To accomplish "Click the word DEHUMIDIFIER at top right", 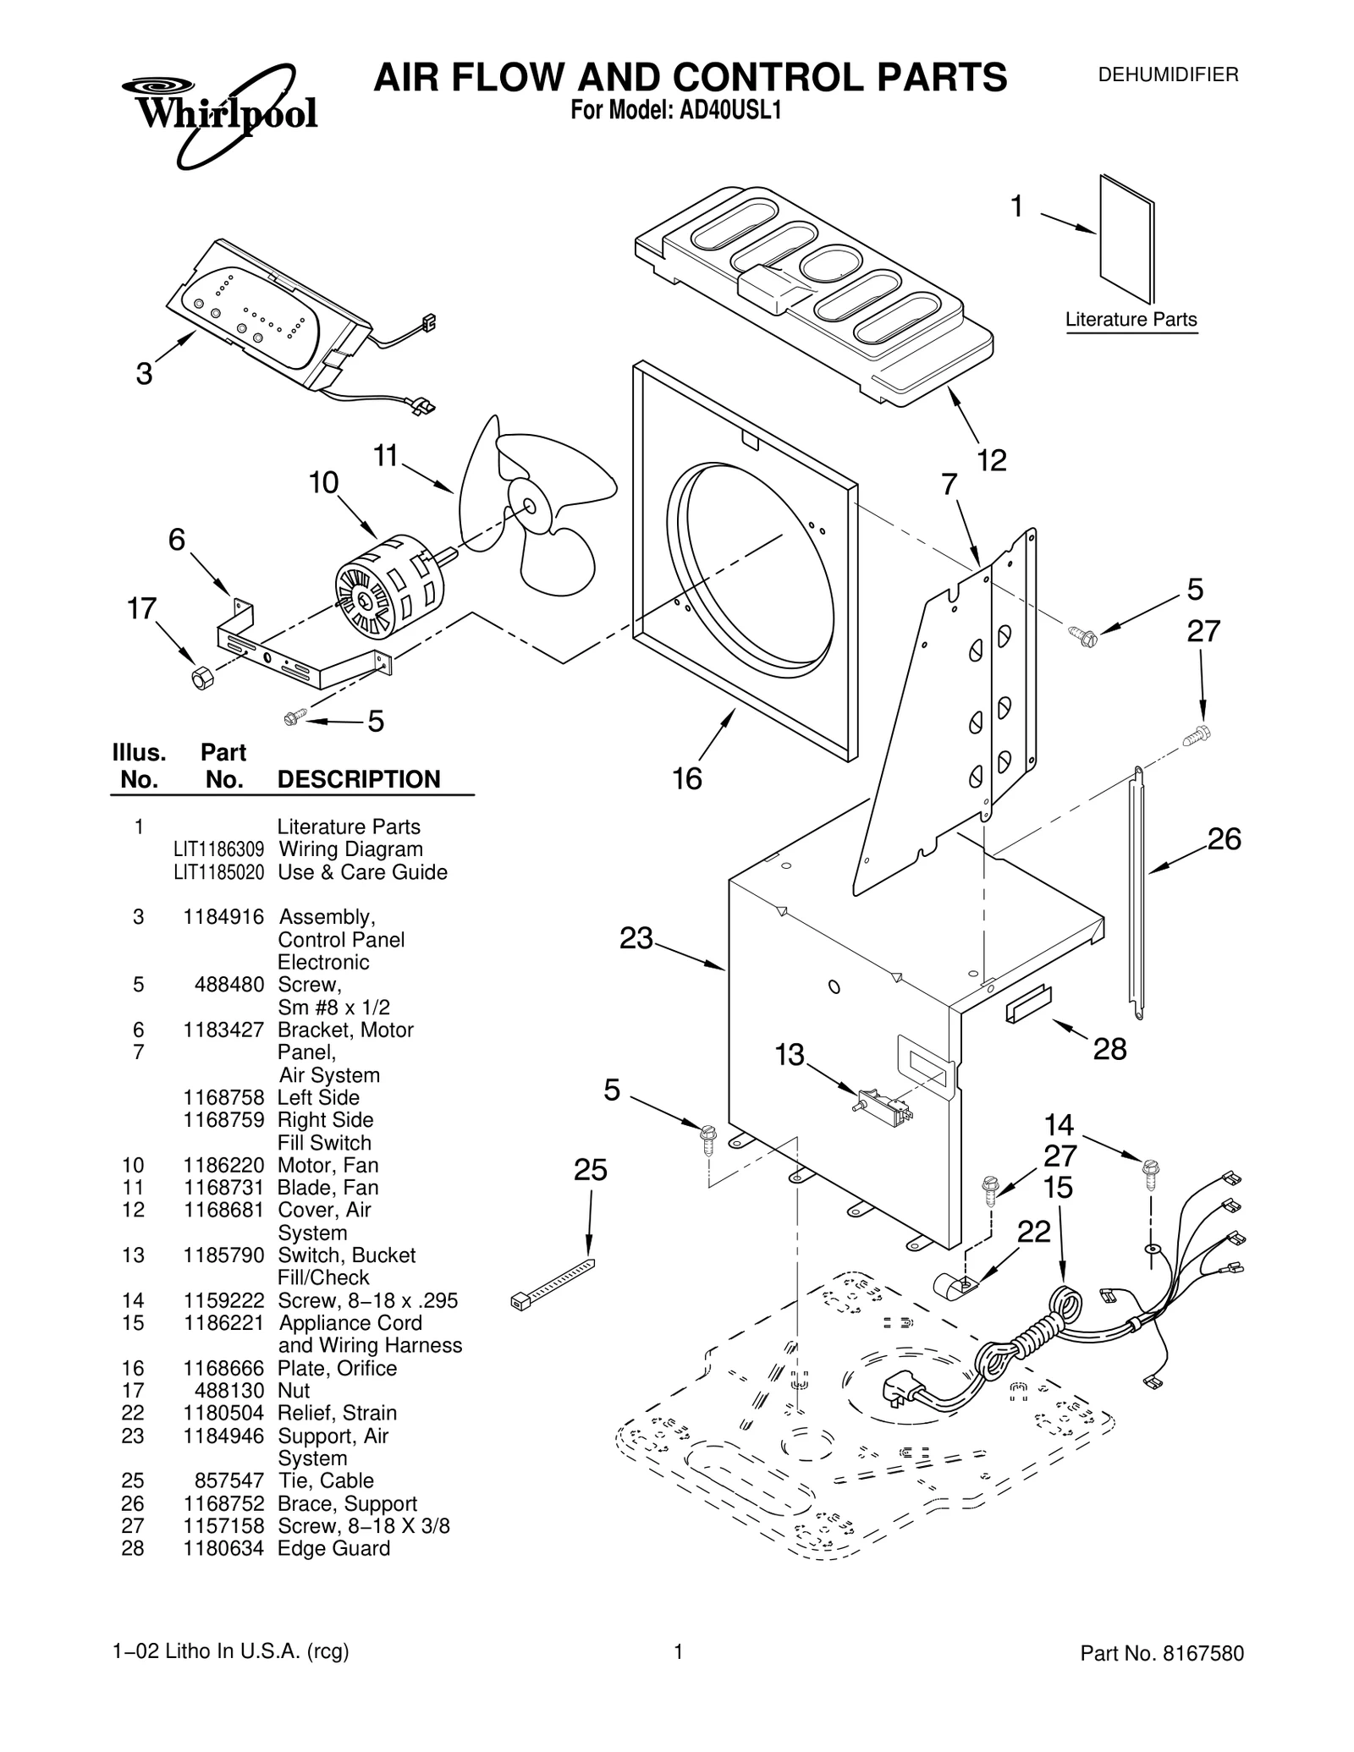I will (1168, 74).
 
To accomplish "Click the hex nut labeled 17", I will (201, 678).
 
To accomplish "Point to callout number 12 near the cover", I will (992, 460).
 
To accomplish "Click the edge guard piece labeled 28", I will (1027, 1004).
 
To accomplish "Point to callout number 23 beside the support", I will (636, 938).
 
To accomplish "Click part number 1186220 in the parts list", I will (223, 1165).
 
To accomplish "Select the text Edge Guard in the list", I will (333, 1548).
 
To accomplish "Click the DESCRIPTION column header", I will (359, 779).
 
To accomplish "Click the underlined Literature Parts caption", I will (1131, 320).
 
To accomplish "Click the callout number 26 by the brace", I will (1223, 839).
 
